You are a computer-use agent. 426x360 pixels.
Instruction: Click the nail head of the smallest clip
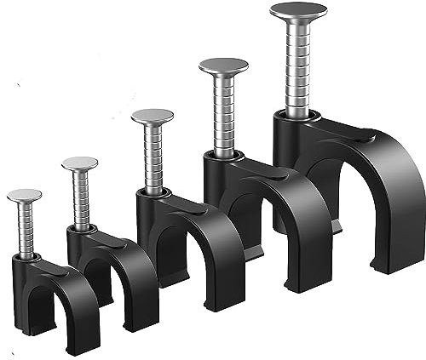pyautogui.click(x=24, y=195)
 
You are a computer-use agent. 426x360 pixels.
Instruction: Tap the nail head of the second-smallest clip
pyautogui.click(x=79, y=163)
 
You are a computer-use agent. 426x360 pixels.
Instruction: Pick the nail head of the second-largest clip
pyautogui.click(x=223, y=66)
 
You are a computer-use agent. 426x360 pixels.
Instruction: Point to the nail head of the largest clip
pyautogui.click(x=298, y=11)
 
